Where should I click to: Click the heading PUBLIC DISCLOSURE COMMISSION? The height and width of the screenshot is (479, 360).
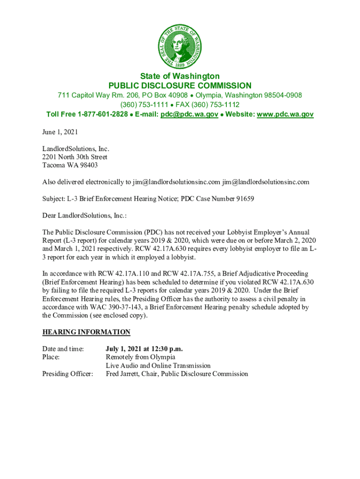pyautogui.click(x=180, y=86)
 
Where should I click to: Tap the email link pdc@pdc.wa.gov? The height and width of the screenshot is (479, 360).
pyautogui.click(x=189, y=114)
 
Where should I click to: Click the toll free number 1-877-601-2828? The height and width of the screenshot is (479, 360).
pyautogui.click(x=103, y=114)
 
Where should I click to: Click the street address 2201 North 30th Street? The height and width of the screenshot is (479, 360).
pyautogui.click(x=75, y=157)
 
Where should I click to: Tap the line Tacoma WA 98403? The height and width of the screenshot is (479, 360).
pyautogui.click(x=70, y=166)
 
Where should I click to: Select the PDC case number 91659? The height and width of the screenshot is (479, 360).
pyautogui.click(x=243, y=199)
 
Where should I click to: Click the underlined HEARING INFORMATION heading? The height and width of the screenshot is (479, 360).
pyautogui.click(x=86, y=332)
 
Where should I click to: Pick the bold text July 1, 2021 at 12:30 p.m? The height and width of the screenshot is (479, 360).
pyautogui.click(x=144, y=348)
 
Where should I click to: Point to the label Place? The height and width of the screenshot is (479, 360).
pyautogui.click(x=51, y=357)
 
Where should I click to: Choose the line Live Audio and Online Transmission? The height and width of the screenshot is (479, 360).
pyautogui.click(x=158, y=365)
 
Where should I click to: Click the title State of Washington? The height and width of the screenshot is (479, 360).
pyautogui.click(x=180, y=76)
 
